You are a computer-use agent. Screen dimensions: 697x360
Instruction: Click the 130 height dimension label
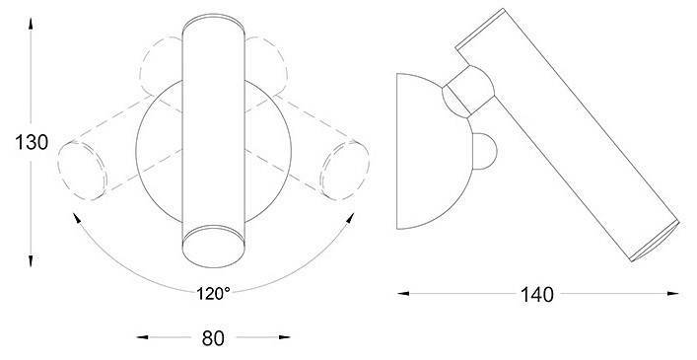[x=32, y=143]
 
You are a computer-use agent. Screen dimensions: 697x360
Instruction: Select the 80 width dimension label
[x=213, y=338]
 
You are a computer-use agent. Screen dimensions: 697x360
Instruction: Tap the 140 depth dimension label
[x=537, y=295]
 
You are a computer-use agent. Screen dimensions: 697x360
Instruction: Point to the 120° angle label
[x=213, y=293]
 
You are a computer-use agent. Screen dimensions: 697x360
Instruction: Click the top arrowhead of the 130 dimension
[x=31, y=23]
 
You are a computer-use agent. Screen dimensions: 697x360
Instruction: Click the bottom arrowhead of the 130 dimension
[x=31, y=261]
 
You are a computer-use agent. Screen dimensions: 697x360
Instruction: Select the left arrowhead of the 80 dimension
[x=142, y=337]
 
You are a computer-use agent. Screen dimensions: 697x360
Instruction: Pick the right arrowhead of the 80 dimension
[x=285, y=337]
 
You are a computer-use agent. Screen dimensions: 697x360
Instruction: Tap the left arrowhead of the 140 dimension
[x=403, y=293]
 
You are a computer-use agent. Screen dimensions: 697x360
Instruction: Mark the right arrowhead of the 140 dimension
[x=673, y=293]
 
